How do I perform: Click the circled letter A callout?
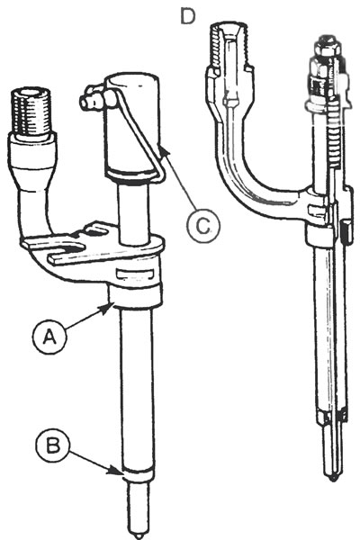(x=49, y=336)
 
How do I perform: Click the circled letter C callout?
(x=203, y=225)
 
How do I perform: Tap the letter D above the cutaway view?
(x=188, y=16)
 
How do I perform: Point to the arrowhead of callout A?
(x=110, y=306)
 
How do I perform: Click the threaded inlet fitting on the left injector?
(x=31, y=112)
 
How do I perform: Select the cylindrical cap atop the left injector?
(x=132, y=125)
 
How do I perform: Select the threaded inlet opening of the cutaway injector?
(x=230, y=45)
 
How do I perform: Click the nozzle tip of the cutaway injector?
(x=332, y=478)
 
